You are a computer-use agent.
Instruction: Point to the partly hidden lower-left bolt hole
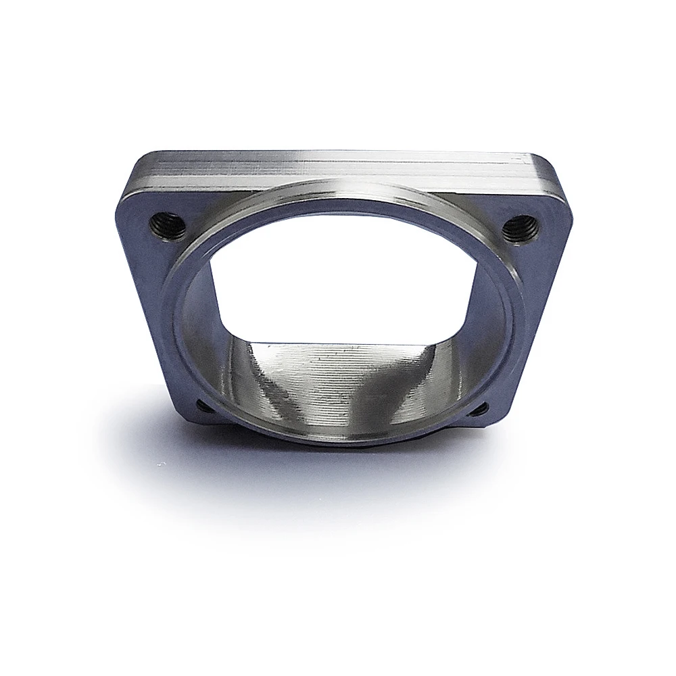201,406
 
